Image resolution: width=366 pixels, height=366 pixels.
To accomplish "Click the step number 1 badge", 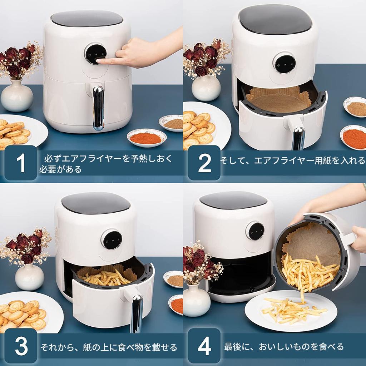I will click(21, 163).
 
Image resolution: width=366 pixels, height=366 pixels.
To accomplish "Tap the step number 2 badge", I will click(204, 163).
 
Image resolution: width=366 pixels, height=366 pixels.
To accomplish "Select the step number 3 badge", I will click(21, 346).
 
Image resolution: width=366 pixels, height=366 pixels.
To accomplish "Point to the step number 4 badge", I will click(204, 346).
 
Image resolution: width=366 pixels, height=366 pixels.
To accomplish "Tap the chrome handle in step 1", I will click(98, 107).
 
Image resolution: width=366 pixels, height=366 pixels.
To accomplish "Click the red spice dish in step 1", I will click(146, 137).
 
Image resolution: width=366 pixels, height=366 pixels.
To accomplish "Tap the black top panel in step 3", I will click(95, 203).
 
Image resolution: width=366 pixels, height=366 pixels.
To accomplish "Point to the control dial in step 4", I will click(256, 231).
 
